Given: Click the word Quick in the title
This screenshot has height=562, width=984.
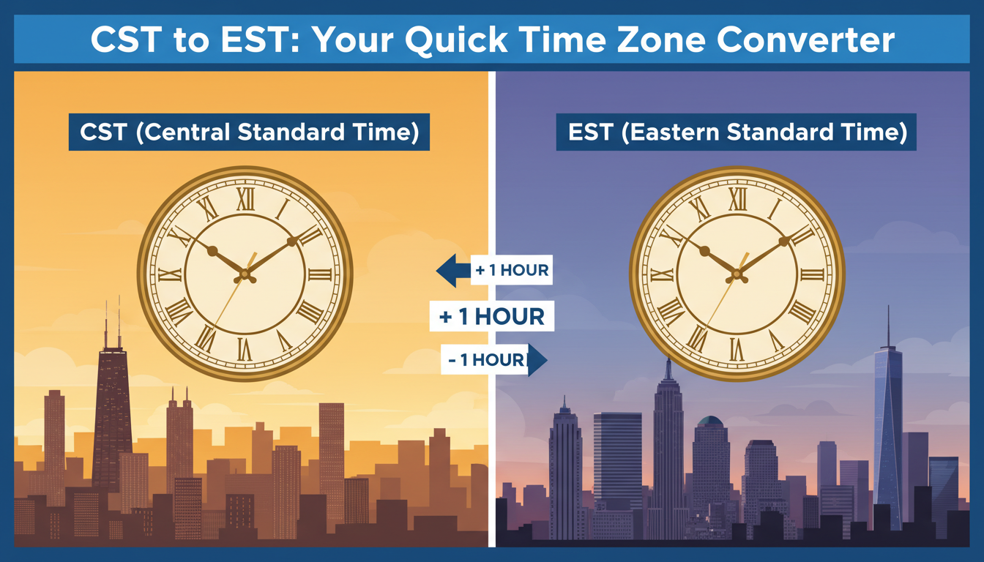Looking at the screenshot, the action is [x=457, y=40].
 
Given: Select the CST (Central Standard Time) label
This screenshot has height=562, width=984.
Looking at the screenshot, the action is [x=249, y=132].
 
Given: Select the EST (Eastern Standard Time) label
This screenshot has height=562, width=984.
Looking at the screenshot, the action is [x=737, y=132].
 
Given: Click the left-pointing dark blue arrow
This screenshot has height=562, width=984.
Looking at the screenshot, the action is [x=453, y=271].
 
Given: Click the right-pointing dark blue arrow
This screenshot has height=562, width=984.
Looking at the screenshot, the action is [x=537, y=360].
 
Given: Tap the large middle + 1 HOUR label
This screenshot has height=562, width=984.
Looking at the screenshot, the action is [x=492, y=316].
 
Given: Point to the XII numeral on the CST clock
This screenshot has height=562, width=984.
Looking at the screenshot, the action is [x=245, y=199].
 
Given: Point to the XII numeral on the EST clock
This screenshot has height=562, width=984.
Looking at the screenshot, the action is [x=737, y=199].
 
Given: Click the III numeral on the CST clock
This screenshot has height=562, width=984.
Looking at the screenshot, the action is [x=320, y=275].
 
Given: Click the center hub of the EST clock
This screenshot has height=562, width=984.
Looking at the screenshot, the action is [x=737, y=276].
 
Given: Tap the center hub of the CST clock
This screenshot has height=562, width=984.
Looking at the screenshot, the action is [x=245, y=276].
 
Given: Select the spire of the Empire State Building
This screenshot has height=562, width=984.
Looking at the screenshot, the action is [x=668, y=369].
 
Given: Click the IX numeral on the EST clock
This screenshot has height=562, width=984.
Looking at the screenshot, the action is [x=662, y=275].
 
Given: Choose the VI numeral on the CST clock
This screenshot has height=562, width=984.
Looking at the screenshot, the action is [x=245, y=350].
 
